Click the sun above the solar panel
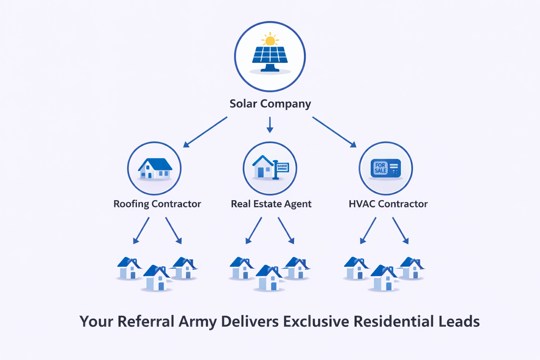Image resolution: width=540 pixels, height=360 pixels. tap(270, 40)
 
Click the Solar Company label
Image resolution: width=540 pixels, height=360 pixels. tap(270, 104)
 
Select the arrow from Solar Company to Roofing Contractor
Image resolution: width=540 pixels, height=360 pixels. tap(205, 132)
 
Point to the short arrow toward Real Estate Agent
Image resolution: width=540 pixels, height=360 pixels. tap(270, 125)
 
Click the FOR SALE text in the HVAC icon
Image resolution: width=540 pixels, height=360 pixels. tap(380, 168)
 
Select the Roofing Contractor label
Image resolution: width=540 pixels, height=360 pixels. tap(157, 204)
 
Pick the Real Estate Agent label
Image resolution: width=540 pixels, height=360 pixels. tap(271, 204)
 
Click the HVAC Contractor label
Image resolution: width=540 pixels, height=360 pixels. tap(388, 204)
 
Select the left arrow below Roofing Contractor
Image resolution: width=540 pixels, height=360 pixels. tap(141, 230)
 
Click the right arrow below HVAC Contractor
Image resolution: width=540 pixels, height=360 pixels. tap(400, 230)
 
